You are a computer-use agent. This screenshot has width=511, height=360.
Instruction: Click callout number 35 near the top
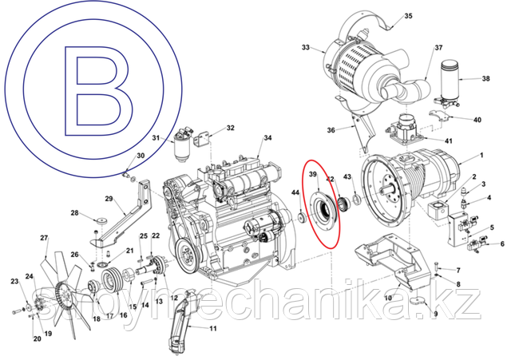(408, 16)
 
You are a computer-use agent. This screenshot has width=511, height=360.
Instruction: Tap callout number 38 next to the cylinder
(485, 79)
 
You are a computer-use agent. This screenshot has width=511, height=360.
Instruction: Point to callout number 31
(156, 138)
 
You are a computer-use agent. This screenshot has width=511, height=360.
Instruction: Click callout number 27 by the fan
(45, 238)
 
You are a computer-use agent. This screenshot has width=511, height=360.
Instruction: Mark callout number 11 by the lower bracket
(213, 328)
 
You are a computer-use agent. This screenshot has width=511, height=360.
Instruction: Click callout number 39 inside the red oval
(314, 175)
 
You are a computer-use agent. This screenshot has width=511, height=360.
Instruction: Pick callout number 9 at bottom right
(435, 315)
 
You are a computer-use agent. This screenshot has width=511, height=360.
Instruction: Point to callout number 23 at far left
(14, 281)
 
